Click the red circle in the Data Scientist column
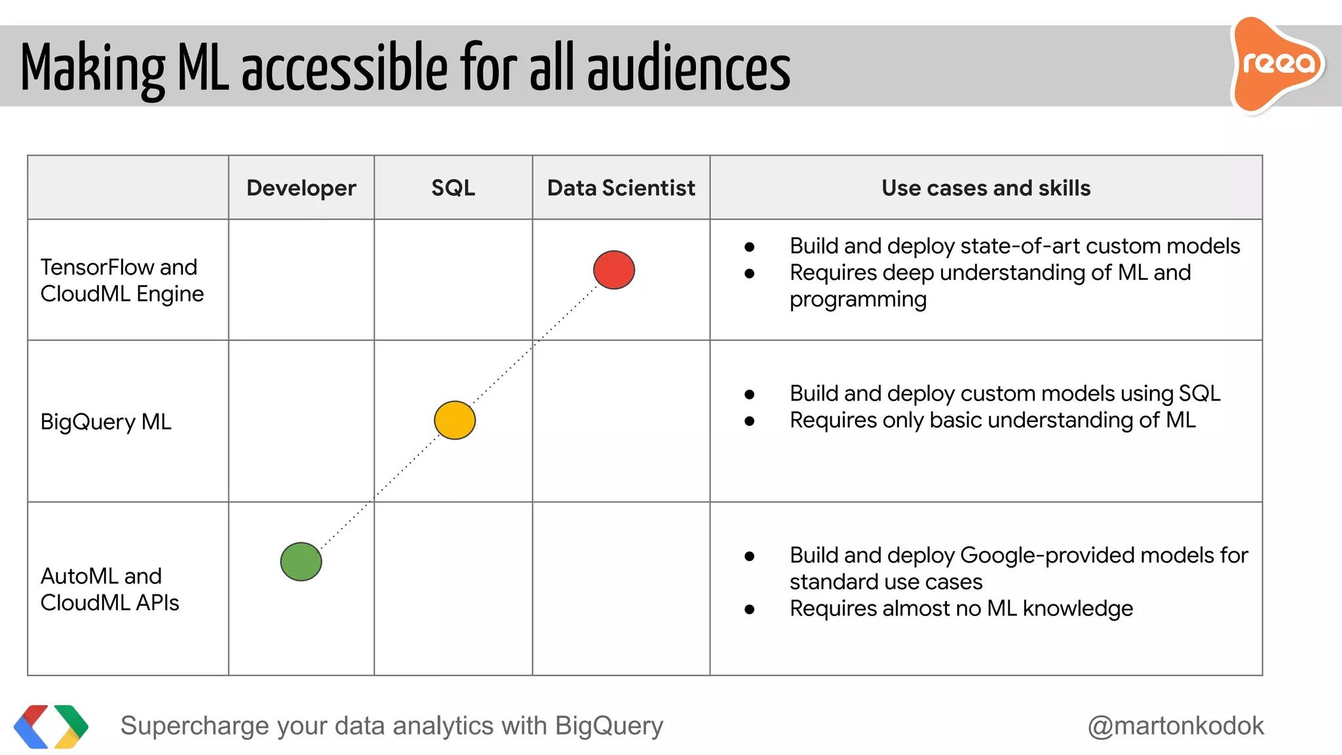614,270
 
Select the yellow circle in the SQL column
455,420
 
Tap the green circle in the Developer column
301,562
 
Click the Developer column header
301,188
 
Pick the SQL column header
453,188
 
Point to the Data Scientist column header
621,188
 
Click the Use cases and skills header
986,188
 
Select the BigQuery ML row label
105,421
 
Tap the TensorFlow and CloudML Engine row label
121,281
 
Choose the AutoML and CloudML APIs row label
109,589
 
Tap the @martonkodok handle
1176,726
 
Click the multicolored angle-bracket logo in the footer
51,726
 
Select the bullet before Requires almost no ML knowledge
750,610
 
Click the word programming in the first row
858,300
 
